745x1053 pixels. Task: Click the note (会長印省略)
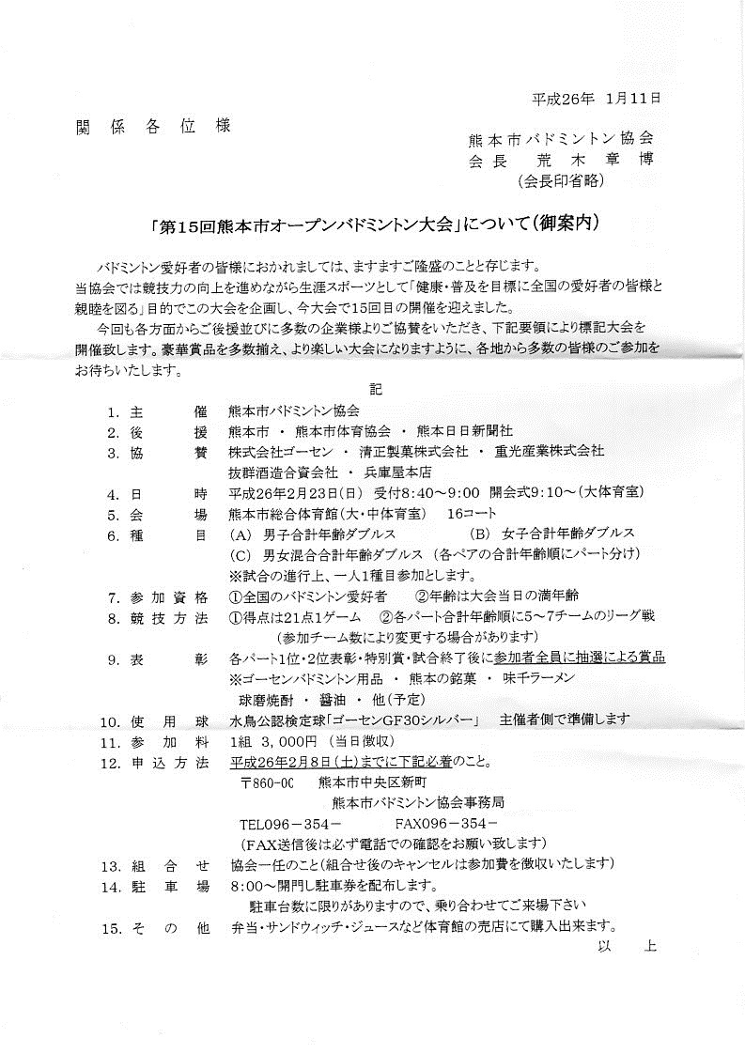click(562, 180)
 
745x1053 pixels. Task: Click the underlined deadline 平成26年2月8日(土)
click(310, 761)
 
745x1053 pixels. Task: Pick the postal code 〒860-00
click(268, 782)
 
